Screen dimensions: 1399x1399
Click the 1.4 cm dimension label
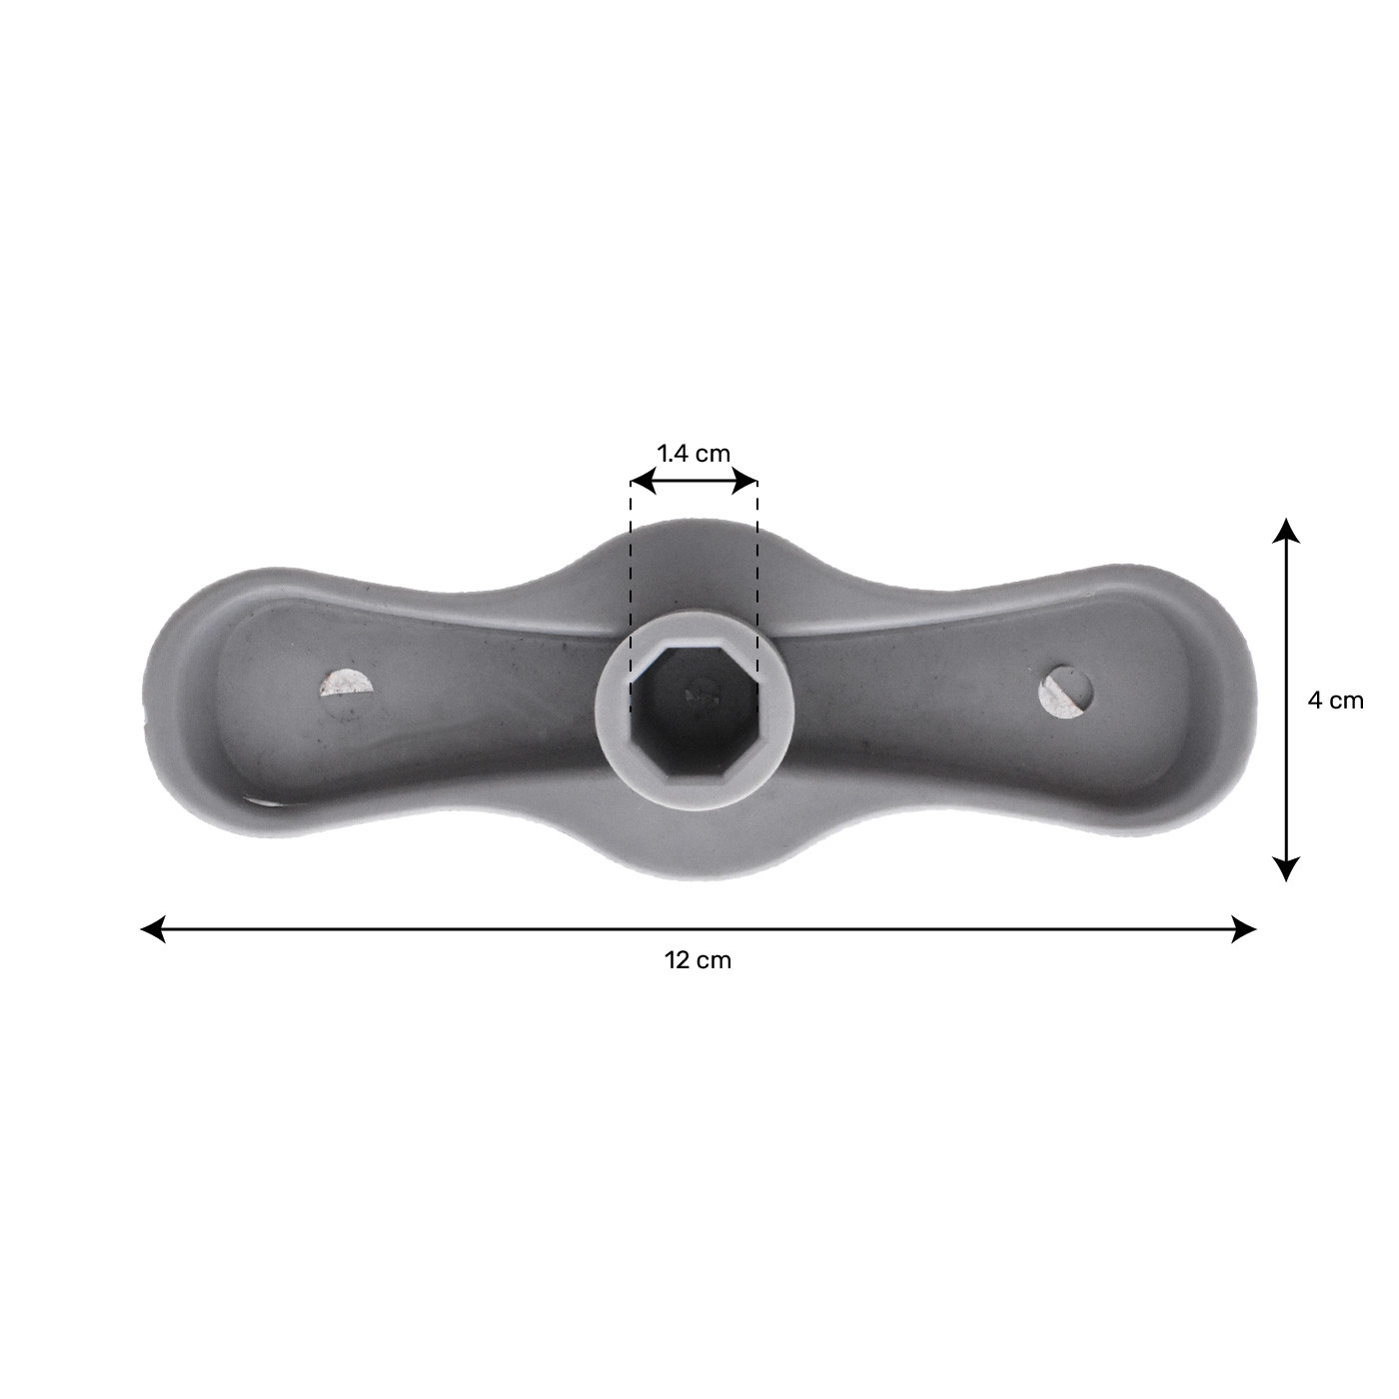(694, 453)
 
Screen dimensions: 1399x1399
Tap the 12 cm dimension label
(698, 961)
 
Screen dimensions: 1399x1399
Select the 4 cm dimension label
(1335, 700)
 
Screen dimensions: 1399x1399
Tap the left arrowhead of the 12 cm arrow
(153, 929)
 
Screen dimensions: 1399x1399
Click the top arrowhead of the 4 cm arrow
(1286, 529)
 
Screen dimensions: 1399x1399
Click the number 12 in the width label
(678, 961)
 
